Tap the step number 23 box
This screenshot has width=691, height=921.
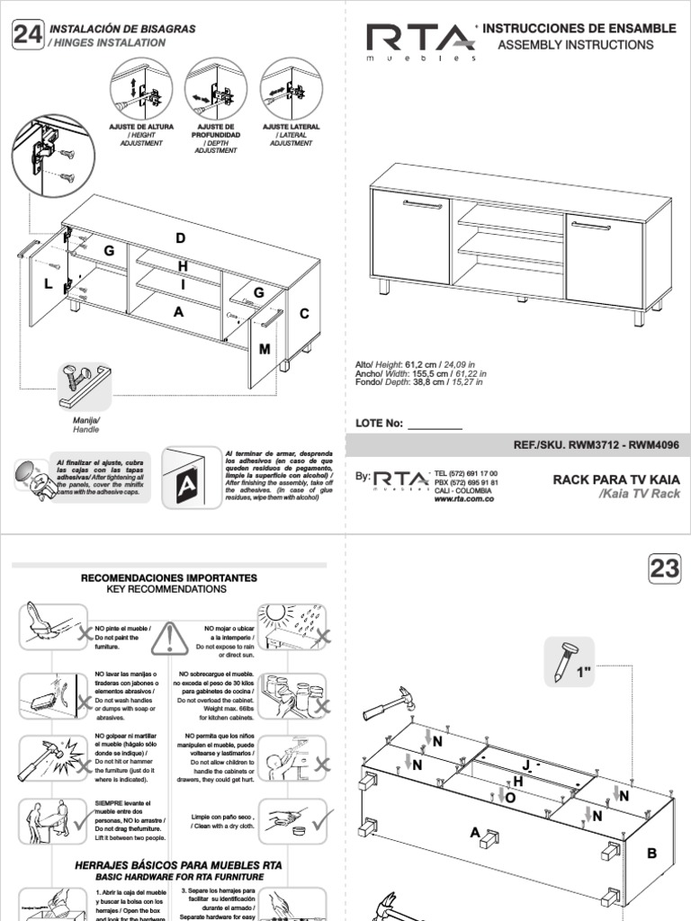664,568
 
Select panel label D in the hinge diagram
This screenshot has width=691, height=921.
180,238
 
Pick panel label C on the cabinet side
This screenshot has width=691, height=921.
304,314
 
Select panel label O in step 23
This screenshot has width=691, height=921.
510,797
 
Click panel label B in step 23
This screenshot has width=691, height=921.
653,853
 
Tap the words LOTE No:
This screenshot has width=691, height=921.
379,425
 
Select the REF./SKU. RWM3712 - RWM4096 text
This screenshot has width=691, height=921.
596,444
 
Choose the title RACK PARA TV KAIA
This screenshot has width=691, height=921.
616,479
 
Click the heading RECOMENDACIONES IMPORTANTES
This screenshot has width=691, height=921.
169,577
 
